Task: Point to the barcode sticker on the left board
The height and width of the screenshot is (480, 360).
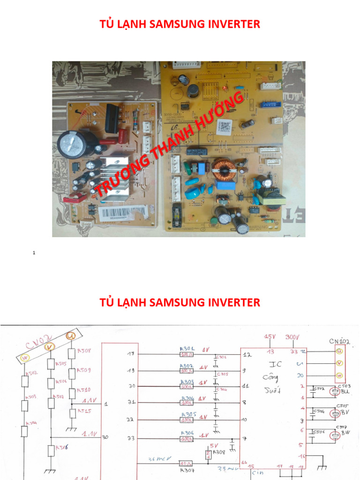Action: pyautogui.click(x=123, y=214)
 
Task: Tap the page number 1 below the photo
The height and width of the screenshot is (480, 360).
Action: pyautogui.click(x=34, y=253)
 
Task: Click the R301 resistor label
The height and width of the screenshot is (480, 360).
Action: pyautogui.click(x=187, y=349)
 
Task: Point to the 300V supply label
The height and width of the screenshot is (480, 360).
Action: pyautogui.click(x=292, y=336)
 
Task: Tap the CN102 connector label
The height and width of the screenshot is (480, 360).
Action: pyautogui.click(x=339, y=341)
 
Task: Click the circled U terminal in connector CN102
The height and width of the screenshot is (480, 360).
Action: pyautogui.click(x=339, y=351)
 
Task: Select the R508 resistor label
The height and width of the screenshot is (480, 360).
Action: pyautogui.click(x=84, y=351)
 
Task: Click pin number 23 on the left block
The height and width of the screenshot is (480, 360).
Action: pyautogui.click(x=131, y=438)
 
